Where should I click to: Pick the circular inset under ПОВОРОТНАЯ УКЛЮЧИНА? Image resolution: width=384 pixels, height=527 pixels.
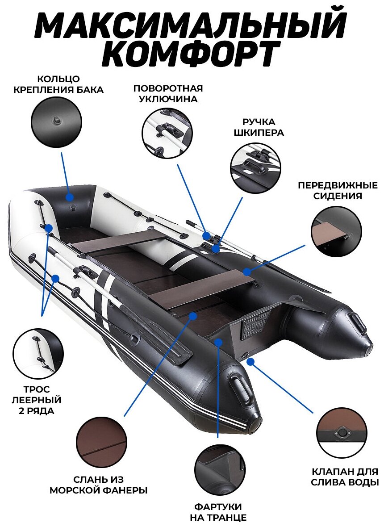(x=166, y=133)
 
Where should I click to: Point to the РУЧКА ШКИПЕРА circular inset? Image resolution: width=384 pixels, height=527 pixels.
(x=255, y=167)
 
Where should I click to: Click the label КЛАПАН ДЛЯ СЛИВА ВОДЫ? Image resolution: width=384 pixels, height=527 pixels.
(x=345, y=477)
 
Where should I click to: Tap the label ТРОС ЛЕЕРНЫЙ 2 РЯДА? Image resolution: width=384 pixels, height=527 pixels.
(x=38, y=399)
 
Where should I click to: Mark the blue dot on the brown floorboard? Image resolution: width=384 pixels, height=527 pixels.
(x=193, y=316)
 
